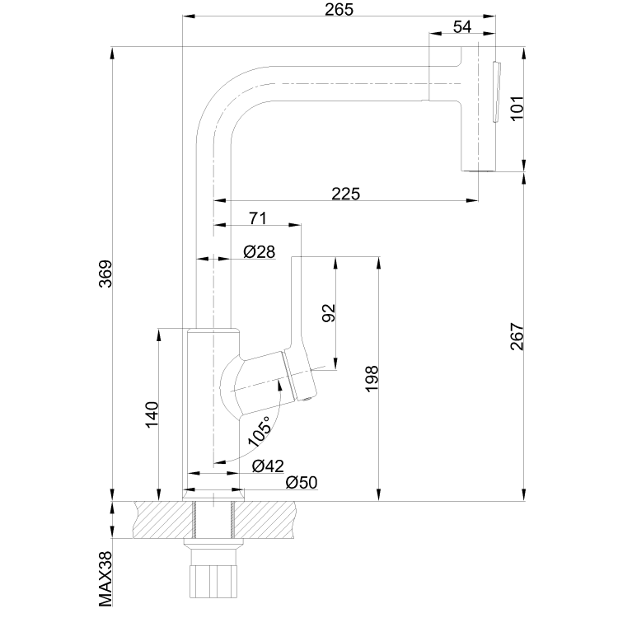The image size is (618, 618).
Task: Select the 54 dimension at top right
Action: coord(462,27)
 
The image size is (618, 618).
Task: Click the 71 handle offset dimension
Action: coord(257,218)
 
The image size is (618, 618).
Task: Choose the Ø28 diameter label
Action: coord(259,251)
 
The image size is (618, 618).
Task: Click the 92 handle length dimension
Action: coord(328,313)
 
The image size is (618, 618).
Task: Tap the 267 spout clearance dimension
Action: coord(516,337)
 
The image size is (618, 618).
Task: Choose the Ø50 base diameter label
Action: coord(301,483)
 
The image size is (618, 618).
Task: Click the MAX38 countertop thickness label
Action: coord(105,578)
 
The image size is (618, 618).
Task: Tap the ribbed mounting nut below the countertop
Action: coord(214,583)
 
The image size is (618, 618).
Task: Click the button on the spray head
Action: coord(495,91)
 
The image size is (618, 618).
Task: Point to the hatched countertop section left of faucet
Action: coord(157,520)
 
